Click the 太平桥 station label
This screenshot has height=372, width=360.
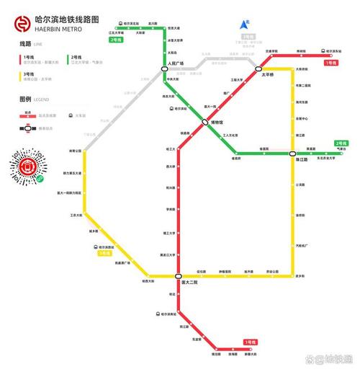pyautogui.click(x=268, y=75)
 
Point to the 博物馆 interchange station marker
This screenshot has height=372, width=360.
pyautogui.click(x=205, y=123)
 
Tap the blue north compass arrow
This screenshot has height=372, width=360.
pyautogui.click(x=245, y=25)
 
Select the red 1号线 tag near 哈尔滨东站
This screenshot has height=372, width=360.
pyautogui.click(x=330, y=63)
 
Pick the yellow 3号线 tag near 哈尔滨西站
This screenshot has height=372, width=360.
pyautogui.click(x=105, y=254)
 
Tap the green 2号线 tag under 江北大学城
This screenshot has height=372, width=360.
pyautogui.click(x=115, y=40)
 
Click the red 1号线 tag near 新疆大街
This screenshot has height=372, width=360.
pyautogui.click(x=250, y=341)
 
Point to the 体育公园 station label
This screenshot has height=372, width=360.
pyautogui.click(x=75, y=151)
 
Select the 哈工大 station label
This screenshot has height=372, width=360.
pyautogui.click(x=171, y=149)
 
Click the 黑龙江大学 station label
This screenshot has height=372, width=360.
pyautogui.click(x=168, y=254)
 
